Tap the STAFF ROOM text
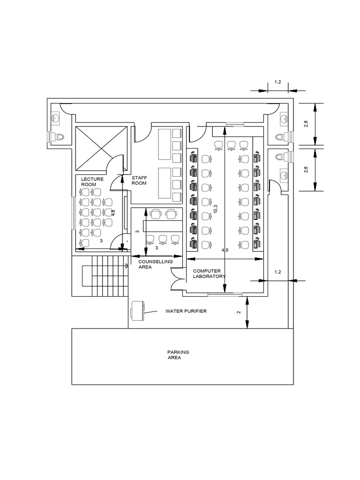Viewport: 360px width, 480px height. click(x=139, y=180)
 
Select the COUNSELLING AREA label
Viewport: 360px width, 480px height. click(x=155, y=264)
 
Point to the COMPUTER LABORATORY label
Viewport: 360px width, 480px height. click(x=210, y=274)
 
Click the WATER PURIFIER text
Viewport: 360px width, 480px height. click(x=186, y=311)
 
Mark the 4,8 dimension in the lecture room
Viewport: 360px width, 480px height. click(x=112, y=212)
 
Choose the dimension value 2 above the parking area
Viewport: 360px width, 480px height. click(x=239, y=312)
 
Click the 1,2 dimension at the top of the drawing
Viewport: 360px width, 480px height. click(x=277, y=82)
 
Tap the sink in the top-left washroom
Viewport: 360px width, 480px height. click(x=56, y=117)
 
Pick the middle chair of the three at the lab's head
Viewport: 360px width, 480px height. click(x=231, y=145)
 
